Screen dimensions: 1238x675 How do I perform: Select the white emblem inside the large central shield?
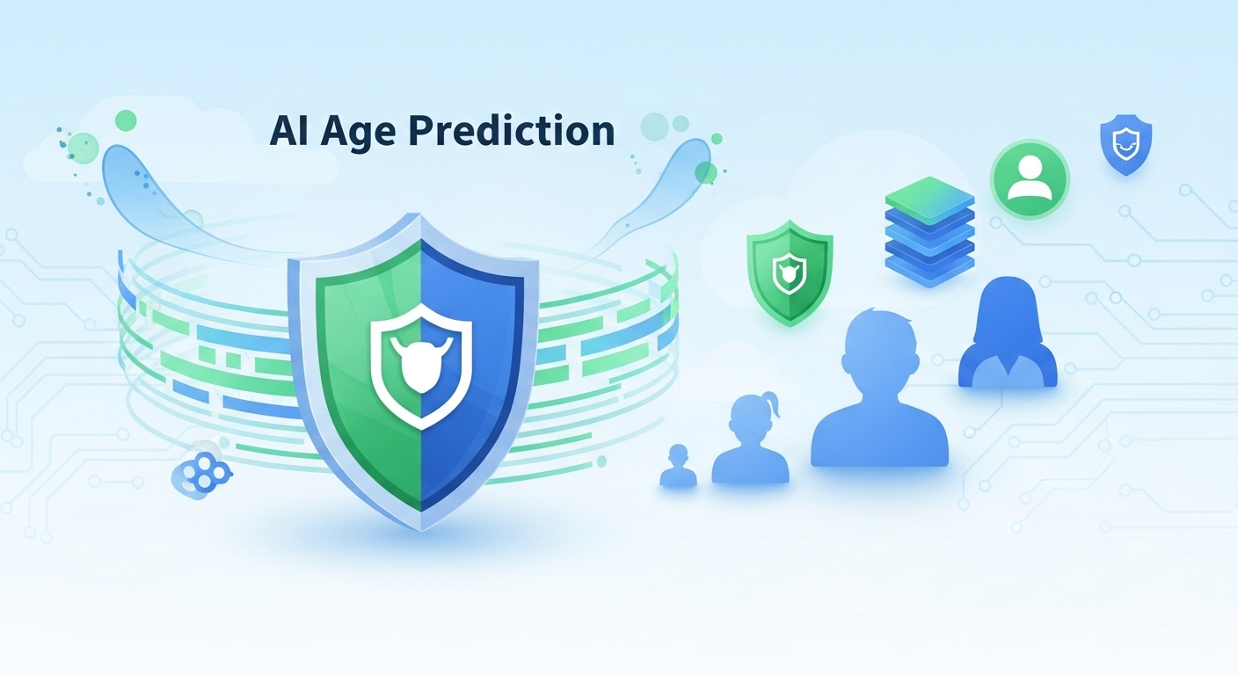pos(421,366)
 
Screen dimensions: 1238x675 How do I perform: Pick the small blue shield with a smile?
pos(1125,145)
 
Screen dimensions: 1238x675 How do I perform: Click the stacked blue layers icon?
pos(929,232)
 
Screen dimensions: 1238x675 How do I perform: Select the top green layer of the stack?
pos(929,200)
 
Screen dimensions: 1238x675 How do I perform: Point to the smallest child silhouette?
pos(678,465)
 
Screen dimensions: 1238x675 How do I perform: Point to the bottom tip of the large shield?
pos(421,530)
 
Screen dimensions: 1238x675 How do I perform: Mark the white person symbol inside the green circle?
pos(1030,178)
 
